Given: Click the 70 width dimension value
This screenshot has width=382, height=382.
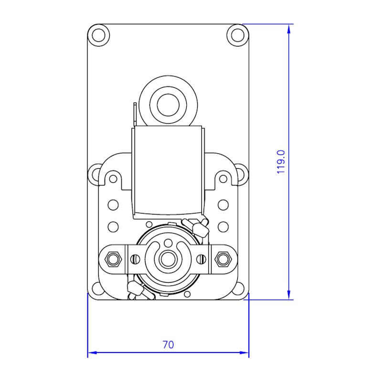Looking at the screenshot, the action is (168, 344).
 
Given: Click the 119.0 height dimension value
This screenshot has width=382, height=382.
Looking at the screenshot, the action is (281, 162).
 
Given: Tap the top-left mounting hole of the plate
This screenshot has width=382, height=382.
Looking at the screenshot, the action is (99, 35).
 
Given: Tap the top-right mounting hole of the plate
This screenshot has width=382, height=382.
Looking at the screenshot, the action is (237, 35).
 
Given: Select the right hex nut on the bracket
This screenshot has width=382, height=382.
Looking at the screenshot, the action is (223, 259).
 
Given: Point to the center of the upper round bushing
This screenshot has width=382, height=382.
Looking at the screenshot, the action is (168, 105).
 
